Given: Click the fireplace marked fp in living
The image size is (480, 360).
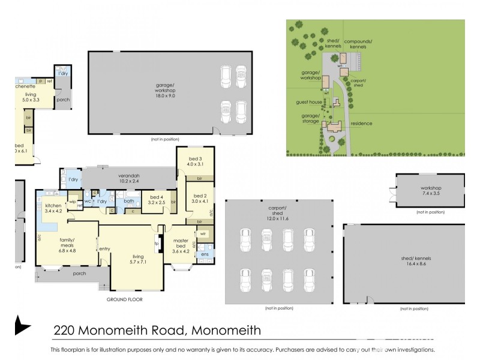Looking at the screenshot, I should coord(156,244).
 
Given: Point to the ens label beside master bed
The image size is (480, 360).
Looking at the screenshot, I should coord(205,255).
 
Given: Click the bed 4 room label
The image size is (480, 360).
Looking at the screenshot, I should coord(156,200).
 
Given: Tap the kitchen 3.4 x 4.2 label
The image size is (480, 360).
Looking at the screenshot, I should coord(53,208).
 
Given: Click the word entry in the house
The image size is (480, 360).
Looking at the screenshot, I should coord(104,249).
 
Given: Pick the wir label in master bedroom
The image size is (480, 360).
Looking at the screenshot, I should coord(203,234).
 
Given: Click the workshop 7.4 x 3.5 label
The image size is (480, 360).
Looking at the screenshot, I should coord(430,191).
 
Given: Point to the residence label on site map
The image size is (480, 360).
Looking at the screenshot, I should coord(362,124).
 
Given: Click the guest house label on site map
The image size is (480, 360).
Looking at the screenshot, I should coord(305,102).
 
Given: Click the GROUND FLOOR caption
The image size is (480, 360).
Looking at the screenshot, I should coord(125,299).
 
